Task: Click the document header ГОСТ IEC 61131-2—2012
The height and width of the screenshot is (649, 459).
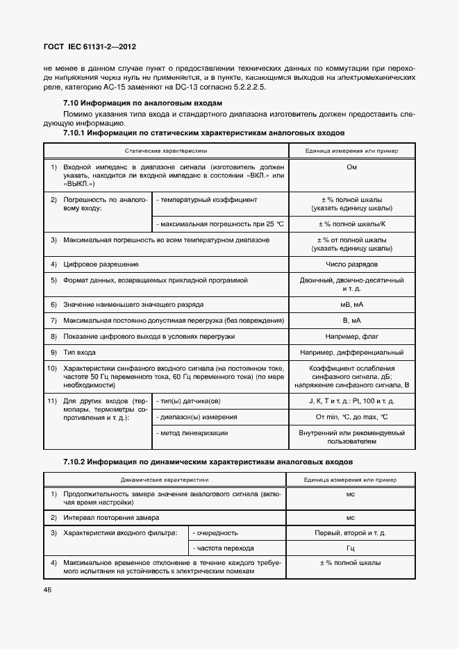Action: pos(90,47)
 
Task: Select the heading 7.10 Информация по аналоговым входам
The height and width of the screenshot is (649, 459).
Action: pos(142,103)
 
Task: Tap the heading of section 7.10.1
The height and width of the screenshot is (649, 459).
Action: pos(203,132)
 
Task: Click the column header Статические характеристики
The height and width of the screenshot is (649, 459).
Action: pos(166,150)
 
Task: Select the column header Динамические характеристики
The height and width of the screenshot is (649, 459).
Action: pos(166,479)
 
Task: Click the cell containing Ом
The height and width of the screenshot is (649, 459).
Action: pos(351,167)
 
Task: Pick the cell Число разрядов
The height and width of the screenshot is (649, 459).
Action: pos(351,264)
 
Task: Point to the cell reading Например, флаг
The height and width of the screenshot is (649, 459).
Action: pos(351,336)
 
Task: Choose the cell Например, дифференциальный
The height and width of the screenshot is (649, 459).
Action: pos(351,353)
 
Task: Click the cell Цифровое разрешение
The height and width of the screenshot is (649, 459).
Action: pos(101,264)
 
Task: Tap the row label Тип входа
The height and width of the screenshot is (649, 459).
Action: pos(80,353)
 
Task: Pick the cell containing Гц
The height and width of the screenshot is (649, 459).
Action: pos(351,548)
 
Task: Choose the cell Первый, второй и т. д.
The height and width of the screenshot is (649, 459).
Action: pos(351,533)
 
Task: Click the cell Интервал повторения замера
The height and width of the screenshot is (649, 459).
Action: pos(111,518)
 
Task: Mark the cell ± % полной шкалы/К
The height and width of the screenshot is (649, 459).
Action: pos(351,224)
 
